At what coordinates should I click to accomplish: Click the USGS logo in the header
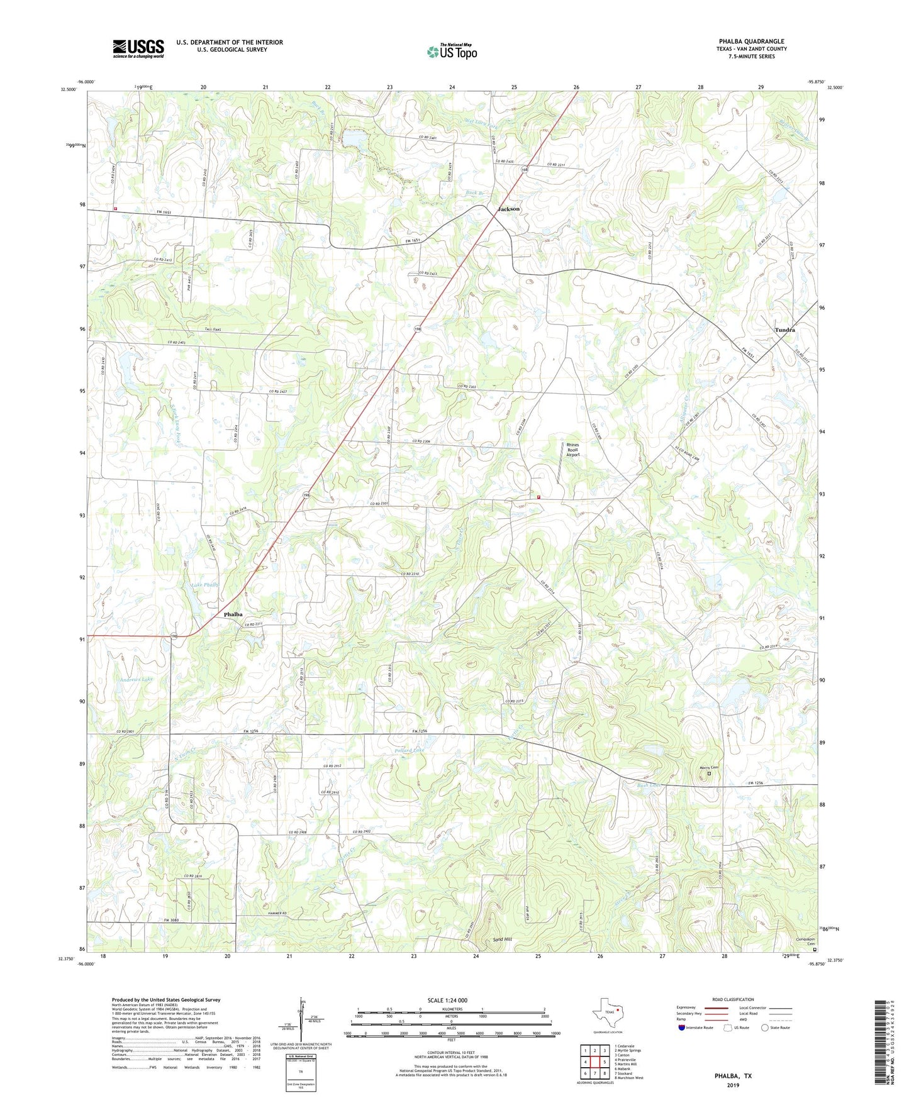(138, 48)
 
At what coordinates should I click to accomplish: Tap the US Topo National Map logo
(452, 52)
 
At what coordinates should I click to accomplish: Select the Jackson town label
(508, 209)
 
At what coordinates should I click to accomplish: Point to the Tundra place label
(784, 330)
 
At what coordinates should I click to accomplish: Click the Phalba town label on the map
(233, 614)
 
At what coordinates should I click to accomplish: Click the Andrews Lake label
(135, 679)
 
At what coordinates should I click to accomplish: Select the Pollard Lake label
(410, 750)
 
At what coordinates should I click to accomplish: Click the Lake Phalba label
(204, 585)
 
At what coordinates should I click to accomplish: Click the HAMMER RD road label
(277, 913)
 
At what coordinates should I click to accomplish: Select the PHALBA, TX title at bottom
(733, 1076)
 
